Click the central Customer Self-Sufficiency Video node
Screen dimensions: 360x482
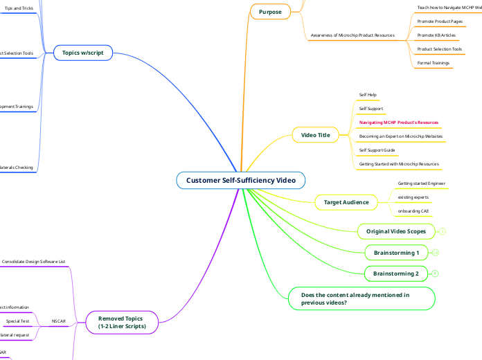(240, 181)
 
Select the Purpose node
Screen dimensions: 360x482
(270, 12)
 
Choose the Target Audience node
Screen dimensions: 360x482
(346, 202)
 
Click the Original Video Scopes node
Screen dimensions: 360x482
(396, 231)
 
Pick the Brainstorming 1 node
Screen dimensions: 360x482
(396, 253)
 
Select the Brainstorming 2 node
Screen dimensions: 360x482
(396, 274)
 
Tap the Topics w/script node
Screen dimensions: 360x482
(83, 53)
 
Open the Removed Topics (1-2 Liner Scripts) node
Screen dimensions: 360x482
(122, 321)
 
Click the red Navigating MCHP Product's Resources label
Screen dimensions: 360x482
(398, 122)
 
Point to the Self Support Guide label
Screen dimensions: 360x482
(377, 150)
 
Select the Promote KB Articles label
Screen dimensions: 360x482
(436, 35)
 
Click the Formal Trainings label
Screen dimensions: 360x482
(434, 63)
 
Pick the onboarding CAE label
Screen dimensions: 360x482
(413, 210)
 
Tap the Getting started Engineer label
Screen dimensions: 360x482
(421, 183)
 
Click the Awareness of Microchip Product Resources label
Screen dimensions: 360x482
(352, 35)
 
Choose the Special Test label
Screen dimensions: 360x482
(18, 321)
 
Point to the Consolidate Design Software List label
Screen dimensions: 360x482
(34, 262)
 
